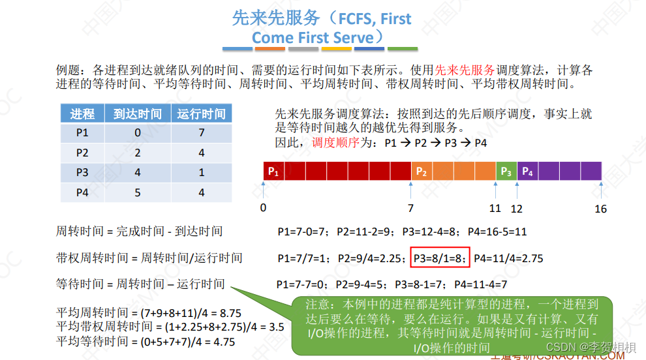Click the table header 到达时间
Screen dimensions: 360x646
pos(137,114)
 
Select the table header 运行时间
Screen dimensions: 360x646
pos(201,114)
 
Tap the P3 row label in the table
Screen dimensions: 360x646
pos(82,173)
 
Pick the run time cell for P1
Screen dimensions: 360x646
pos(201,134)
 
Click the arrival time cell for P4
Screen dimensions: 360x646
pos(137,192)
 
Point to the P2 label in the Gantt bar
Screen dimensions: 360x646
pos(422,172)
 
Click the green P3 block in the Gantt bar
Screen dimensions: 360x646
pos(506,172)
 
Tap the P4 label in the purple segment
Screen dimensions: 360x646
pos(527,172)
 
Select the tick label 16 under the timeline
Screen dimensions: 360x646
pos(600,209)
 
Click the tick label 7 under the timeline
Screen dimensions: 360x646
pos(410,209)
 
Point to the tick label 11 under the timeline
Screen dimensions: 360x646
pos(495,209)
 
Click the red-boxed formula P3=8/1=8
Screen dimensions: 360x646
pos(440,259)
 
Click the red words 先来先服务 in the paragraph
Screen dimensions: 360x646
pos(465,70)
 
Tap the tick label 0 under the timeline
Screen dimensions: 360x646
pos(263,209)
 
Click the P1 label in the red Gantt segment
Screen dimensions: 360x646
pos(273,172)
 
